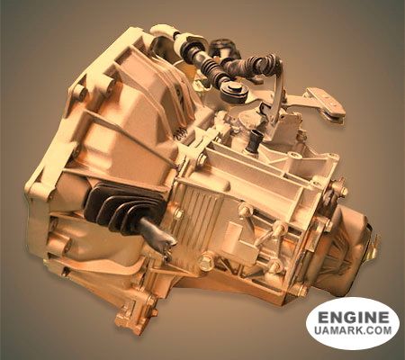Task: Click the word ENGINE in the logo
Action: coord(353,318)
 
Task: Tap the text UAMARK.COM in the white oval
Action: coord(353,330)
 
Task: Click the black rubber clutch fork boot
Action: coord(124,208)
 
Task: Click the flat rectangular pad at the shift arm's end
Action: coord(326,101)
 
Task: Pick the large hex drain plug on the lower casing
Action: coord(206,262)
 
